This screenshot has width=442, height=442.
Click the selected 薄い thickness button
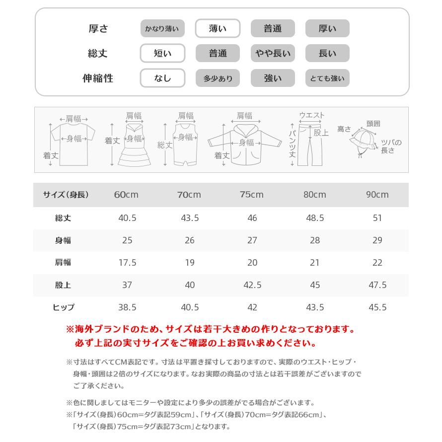[218, 29]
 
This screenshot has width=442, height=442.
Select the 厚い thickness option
[327, 29]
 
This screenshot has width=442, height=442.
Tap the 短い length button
[162, 54]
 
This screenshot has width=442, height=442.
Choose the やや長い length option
[273, 54]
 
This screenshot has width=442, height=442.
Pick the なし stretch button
[162, 78]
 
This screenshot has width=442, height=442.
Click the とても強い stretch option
[327, 78]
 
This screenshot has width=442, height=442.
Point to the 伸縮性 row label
[98, 78]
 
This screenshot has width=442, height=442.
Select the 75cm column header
[252, 195]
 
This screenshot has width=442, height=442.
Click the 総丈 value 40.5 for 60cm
[127, 218]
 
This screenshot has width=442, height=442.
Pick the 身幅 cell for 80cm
[314, 240]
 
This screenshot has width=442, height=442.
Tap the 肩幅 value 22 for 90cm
[377, 263]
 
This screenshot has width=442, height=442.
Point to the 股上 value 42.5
[252, 285]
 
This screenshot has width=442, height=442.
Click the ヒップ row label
[63, 307]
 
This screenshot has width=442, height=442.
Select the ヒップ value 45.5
[377, 307]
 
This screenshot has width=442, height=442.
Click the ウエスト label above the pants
[311, 115]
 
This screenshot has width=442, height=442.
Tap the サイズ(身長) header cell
[66, 195]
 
